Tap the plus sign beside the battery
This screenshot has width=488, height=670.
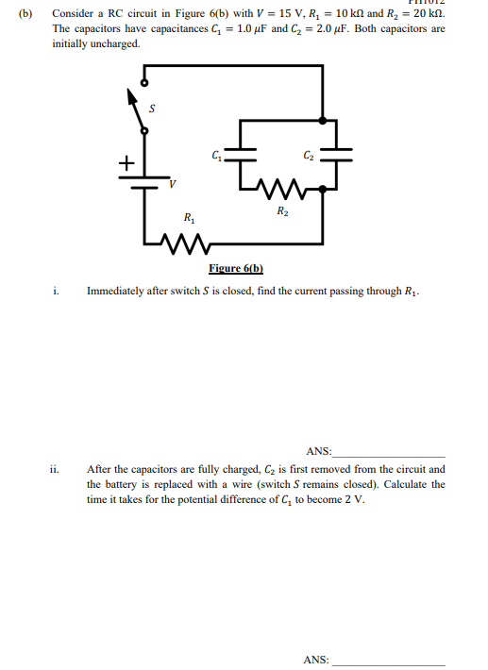pos(125,162)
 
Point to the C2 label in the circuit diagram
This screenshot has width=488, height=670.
pos(309,154)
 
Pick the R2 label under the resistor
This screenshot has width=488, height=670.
pos(283,210)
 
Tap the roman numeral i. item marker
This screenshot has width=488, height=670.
pos(56,292)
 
